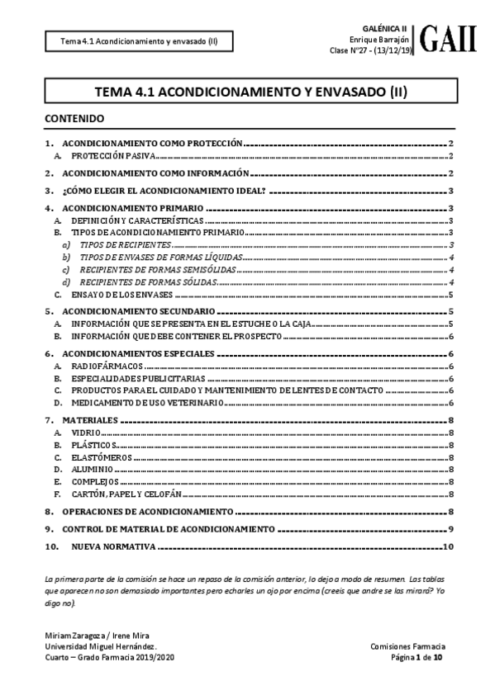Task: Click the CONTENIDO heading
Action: (x=74, y=119)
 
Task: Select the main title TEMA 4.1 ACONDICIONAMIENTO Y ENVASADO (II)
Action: (x=246, y=93)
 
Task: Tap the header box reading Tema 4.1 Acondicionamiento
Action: (x=132, y=41)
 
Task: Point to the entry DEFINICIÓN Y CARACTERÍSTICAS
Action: (x=136, y=222)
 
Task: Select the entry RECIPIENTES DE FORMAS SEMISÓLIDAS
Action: (x=150, y=270)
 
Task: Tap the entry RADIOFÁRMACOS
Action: (x=107, y=366)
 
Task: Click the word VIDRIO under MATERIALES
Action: (x=87, y=432)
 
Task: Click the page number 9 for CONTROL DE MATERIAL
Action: (x=451, y=528)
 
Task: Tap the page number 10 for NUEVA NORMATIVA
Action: (x=449, y=546)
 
